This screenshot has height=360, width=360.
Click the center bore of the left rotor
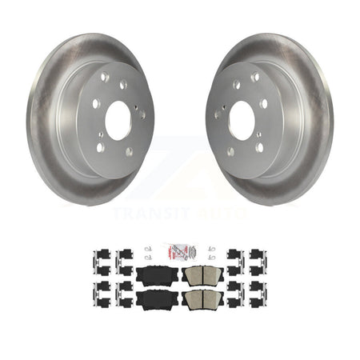118,121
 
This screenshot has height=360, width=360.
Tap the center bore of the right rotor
242,121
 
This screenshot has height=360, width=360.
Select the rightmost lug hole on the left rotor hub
142,115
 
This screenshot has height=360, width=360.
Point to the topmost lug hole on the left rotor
105,78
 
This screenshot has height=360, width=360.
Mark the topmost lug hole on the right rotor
255,78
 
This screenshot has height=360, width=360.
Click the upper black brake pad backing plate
157,276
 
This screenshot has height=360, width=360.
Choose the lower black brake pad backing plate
157,301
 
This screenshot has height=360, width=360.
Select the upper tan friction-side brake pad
202,276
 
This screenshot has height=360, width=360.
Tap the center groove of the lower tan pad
202,300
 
